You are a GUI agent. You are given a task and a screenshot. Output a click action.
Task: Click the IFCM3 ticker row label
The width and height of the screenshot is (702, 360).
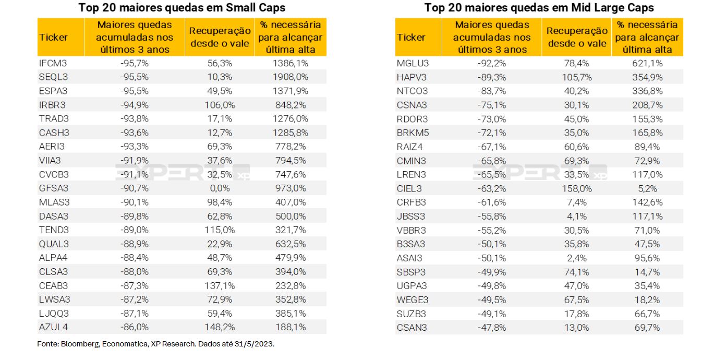[53, 63]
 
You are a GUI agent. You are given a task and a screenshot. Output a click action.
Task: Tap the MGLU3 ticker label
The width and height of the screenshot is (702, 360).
[412, 63]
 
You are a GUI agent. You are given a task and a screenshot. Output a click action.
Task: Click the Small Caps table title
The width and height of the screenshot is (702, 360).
[182, 8]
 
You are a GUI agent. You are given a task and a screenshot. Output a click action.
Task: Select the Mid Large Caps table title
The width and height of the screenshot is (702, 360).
[539, 8]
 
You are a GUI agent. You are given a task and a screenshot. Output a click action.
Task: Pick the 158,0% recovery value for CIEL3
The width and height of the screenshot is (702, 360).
[576, 188]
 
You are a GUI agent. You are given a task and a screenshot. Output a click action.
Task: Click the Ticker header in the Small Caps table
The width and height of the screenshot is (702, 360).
[53, 38]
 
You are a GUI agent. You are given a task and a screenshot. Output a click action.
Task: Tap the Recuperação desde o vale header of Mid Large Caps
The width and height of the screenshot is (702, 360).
[577, 38]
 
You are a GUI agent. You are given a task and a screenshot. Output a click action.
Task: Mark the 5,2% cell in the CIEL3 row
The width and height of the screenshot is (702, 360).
[647, 188]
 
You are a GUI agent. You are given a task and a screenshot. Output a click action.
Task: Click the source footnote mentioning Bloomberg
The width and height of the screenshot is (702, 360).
[155, 344]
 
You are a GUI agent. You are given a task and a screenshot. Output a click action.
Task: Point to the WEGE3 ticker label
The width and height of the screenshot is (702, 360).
[413, 299]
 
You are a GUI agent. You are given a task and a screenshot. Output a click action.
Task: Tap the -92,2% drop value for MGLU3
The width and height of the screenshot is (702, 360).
[491, 63]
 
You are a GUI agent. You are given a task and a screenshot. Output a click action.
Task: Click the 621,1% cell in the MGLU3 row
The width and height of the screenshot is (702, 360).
[647, 63]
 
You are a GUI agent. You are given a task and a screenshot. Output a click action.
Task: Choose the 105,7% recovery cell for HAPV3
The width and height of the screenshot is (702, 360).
[576, 77]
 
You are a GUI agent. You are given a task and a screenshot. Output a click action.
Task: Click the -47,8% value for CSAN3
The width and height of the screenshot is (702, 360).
[491, 327]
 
